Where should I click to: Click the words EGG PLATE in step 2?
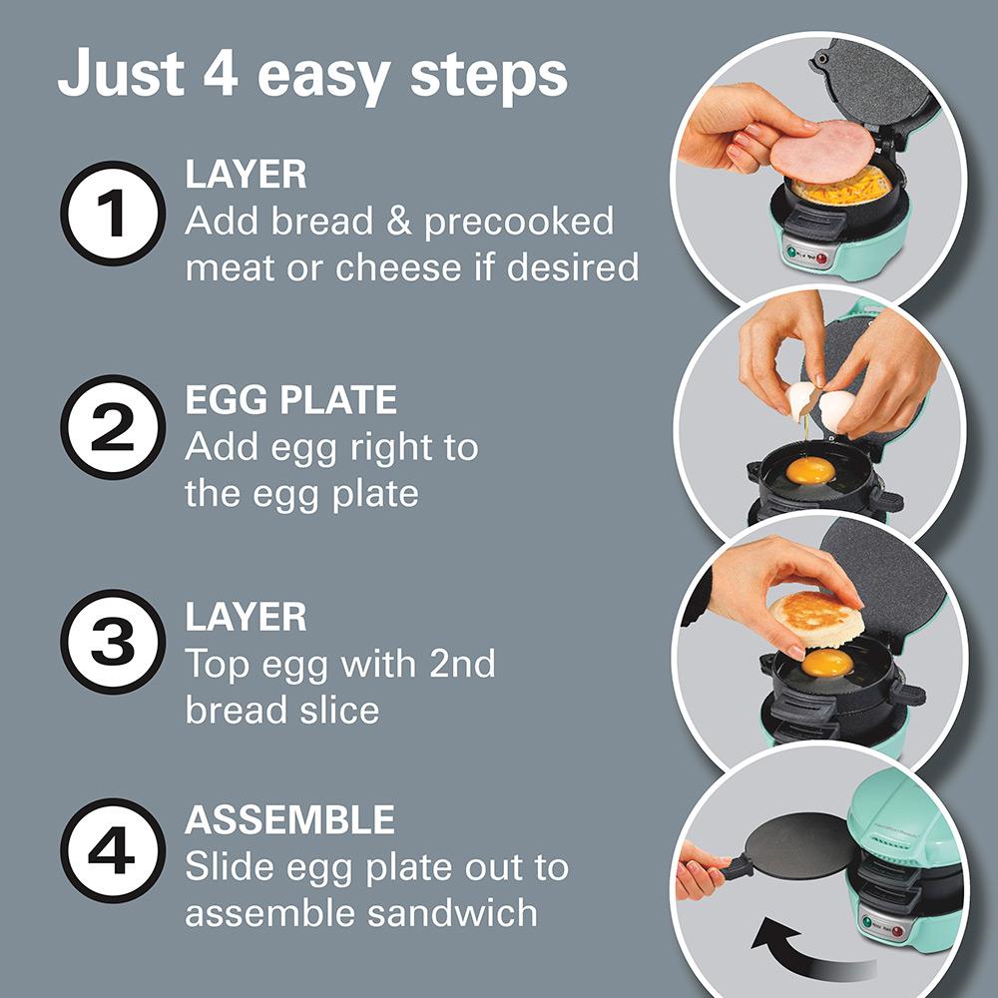click(x=290, y=401)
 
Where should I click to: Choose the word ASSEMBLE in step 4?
click(x=289, y=820)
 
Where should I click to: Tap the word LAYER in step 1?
click(x=246, y=175)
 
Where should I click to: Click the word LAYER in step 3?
click(x=246, y=616)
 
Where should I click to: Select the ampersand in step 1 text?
click(x=400, y=222)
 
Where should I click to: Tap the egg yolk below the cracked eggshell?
click(x=809, y=470)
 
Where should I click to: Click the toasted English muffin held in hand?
click(x=814, y=617)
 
